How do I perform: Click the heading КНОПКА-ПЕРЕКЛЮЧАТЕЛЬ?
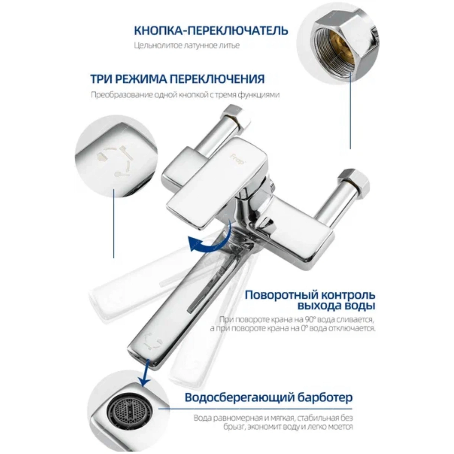click(x=211, y=30)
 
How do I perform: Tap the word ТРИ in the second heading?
click(x=101, y=79)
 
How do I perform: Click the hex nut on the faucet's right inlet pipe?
click(x=353, y=181)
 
